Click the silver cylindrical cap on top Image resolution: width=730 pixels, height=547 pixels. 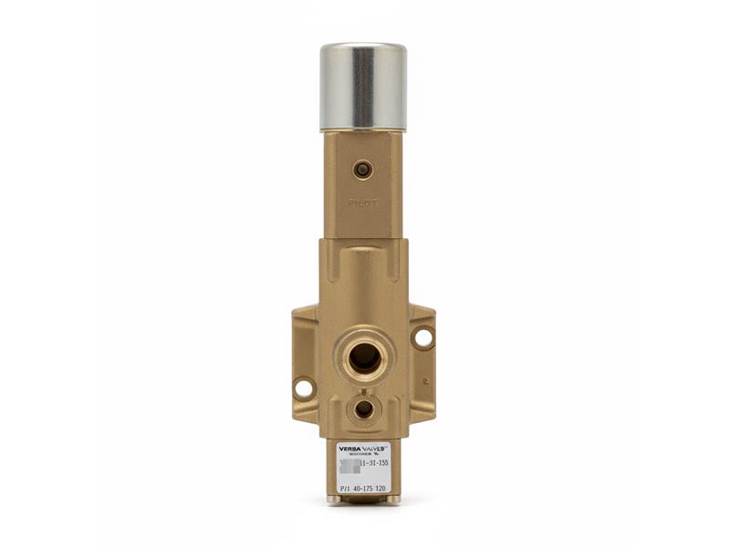pyautogui.click(x=363, y=87)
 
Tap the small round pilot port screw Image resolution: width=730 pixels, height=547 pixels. pyautogui.click(x=363, y=170)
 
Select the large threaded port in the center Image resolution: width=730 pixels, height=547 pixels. pyautogui.click(x=364, y=356)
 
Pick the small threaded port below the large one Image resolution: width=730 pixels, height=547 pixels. pyautogui.click(x=363, y=408)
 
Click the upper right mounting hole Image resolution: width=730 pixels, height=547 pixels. pyautogui.click(x=422, y=337)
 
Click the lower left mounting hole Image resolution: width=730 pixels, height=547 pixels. pyautogui.click(x=304, y=389)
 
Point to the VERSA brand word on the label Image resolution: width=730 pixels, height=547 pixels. pyautogui.click(x=350, y=449)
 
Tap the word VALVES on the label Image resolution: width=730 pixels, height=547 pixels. pyautogui.click(x=377, y=449)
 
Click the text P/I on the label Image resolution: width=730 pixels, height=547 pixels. pyautogui.click(x=344, y=489)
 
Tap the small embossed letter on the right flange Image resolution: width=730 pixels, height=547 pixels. pyautogui.click(x=425, y=383)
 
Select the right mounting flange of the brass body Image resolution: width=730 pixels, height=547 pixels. pyautogui.click(x=422, y=365)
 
